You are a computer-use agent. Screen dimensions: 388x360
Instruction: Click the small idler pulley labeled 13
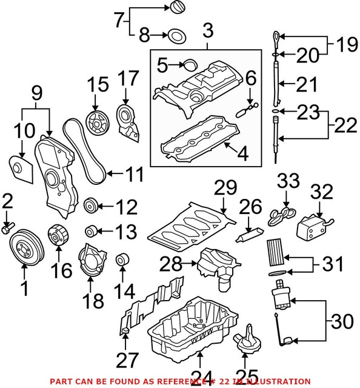click(x=92, y=231)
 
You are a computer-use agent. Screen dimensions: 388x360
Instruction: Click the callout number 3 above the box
click(x=208, y=28)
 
